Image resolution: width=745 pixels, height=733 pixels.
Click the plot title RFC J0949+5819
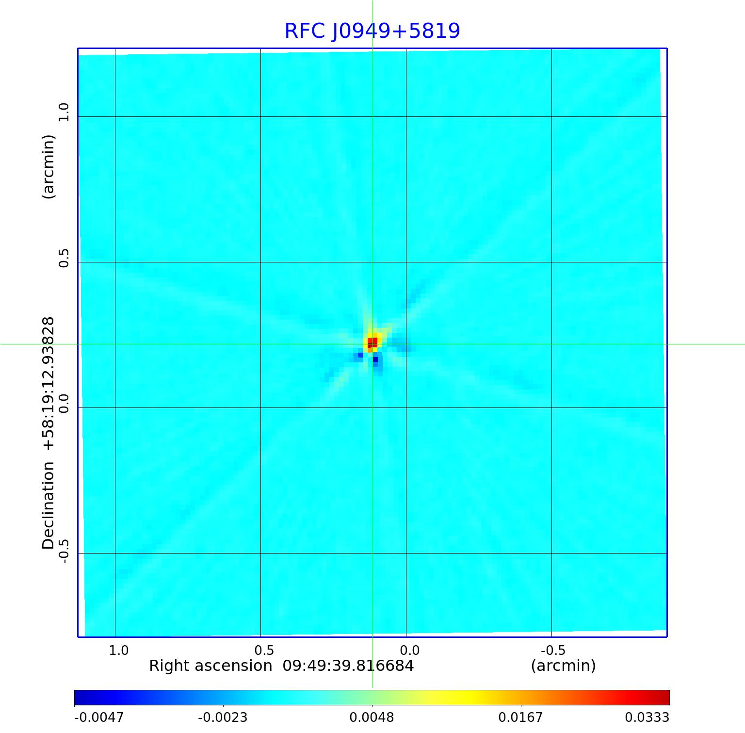[372, 31]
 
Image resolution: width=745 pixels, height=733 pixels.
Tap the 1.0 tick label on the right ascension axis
[118, 650]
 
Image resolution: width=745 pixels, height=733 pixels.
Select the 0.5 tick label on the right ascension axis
[264, 650]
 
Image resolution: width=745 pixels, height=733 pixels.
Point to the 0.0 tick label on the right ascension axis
[409, 650]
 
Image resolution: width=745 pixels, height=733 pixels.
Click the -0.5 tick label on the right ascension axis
[552, 650]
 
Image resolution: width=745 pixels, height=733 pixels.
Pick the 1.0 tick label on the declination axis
[64, 112]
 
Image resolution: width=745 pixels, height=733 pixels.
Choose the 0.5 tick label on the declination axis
[64, 258]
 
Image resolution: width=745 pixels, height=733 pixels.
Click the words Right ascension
[211, 666]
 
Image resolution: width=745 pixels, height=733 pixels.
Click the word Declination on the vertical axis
[49, 505]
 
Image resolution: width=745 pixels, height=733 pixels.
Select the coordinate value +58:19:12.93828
[49, 383]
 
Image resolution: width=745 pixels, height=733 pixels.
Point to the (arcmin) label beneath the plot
[563, 666]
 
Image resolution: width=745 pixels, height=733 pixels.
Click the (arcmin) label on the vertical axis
[49, 166]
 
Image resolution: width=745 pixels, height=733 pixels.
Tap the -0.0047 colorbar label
[99, 717]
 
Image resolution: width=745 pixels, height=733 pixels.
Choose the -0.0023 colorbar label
[223, 717]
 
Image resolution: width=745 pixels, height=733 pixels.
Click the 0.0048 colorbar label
[372, 717]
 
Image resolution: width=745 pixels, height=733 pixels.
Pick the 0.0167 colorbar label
[520, 717]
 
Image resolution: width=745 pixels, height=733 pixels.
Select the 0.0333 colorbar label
[647, 717]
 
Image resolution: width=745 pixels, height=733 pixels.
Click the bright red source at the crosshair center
[372, 342]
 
